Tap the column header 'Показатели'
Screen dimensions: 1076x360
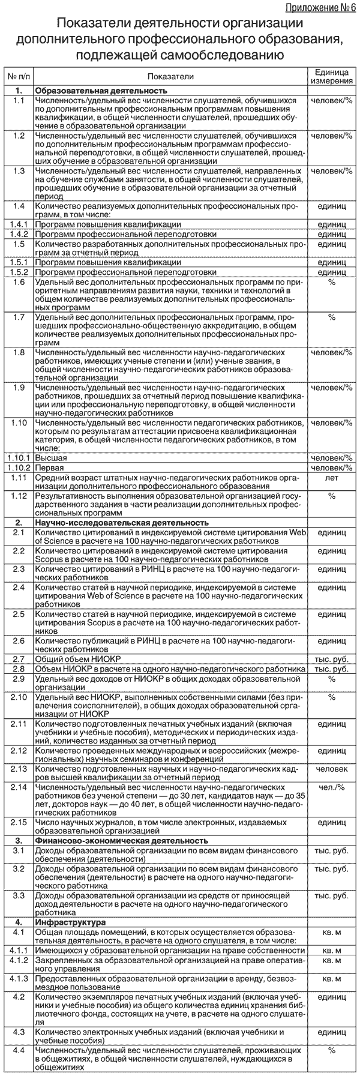click(x=170, y=76)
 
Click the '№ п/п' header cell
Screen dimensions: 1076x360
click(x=18, y=76)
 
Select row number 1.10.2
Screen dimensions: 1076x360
click(x=19, y=466)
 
